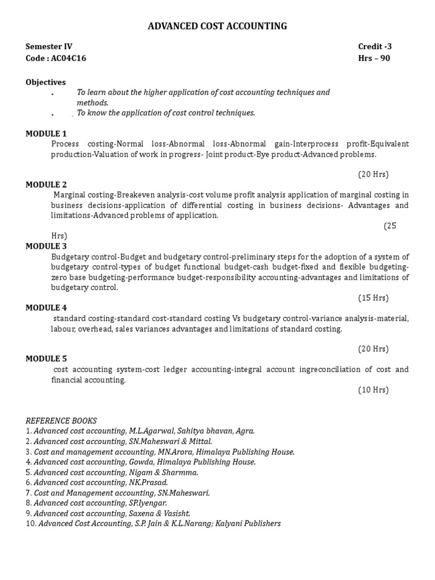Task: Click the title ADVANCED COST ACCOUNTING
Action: click(217, 26)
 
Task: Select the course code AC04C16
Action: click(69, 58)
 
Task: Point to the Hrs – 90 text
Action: click(374, 58)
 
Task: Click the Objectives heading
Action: click(45, 82)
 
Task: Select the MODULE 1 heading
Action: click(46, 134)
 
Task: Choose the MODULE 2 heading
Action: click(46, 185)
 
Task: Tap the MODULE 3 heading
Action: click(46, 246)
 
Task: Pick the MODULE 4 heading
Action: click(46, 308)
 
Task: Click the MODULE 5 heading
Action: click(46, 359)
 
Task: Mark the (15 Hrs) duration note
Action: click(373, 297)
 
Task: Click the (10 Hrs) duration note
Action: click(373, 390)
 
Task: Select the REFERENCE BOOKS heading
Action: click(61, 420)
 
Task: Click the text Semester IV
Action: click(49, 46)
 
